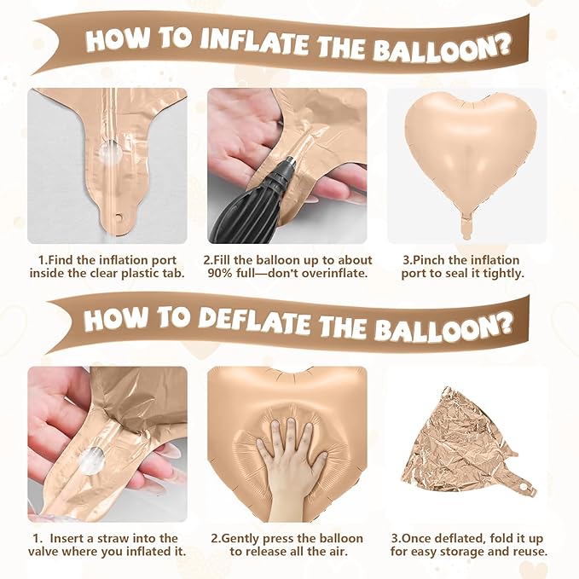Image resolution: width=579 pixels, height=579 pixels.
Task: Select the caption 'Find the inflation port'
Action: (x=106, y=259)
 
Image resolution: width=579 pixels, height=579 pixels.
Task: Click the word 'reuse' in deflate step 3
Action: (x=528, y=552)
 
